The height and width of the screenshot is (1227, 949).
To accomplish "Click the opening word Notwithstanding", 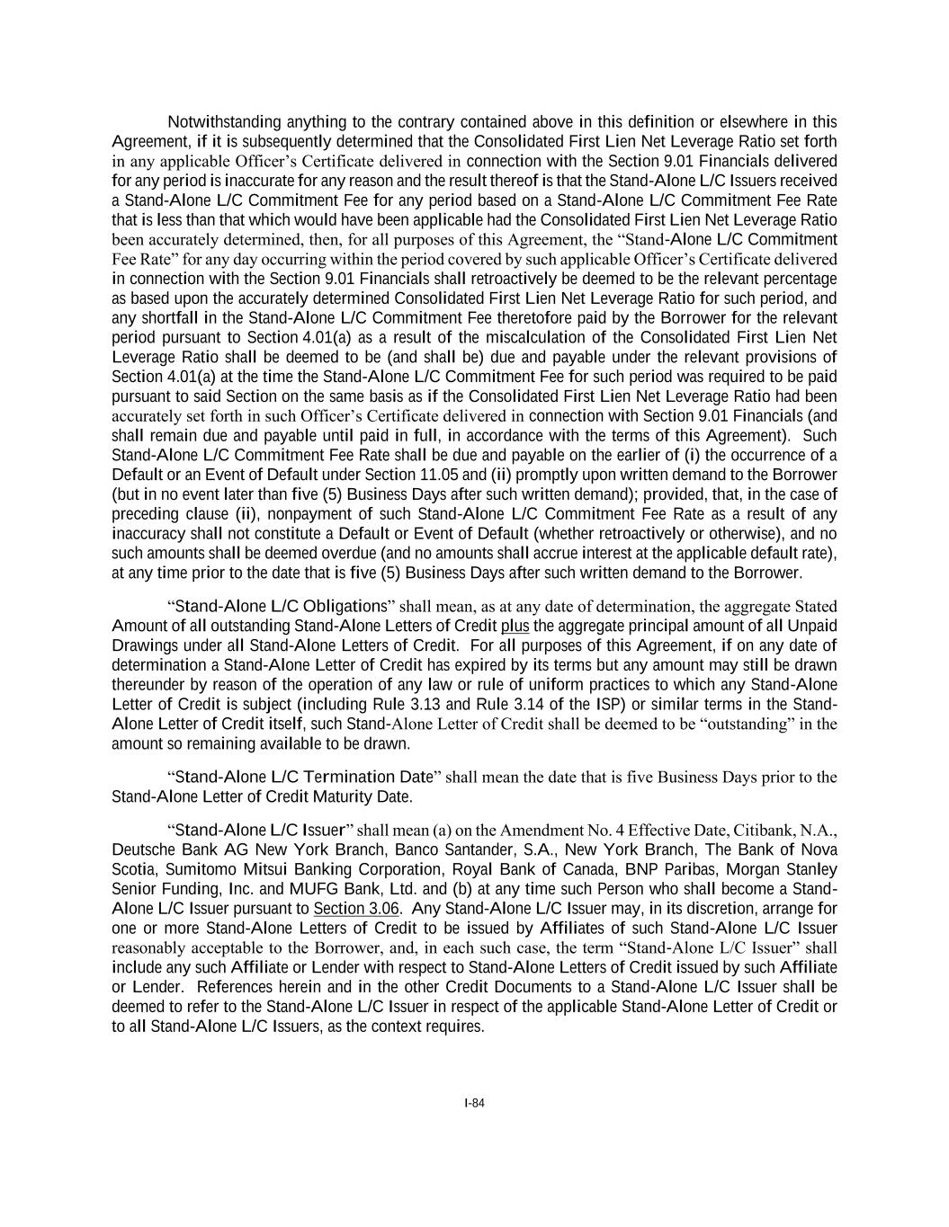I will [219, 122].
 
